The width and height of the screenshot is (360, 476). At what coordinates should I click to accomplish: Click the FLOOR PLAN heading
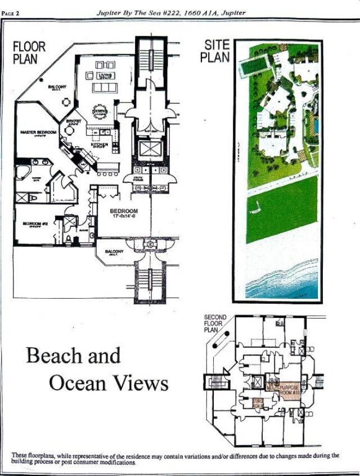click(x=29, y=52)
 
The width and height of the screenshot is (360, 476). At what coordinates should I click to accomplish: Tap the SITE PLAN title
click(x=215, y=51)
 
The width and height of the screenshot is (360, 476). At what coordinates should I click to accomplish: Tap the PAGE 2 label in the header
click(x=11, y=13)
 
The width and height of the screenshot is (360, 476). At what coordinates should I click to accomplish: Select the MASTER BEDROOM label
click(x=38, y=132)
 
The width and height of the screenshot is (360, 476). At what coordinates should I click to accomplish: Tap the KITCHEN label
click(x=100, y=145)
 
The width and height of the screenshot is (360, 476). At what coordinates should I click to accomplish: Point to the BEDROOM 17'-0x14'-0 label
click(x=124, y=213)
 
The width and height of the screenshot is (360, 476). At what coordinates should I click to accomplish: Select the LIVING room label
click(x=105, y=75)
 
